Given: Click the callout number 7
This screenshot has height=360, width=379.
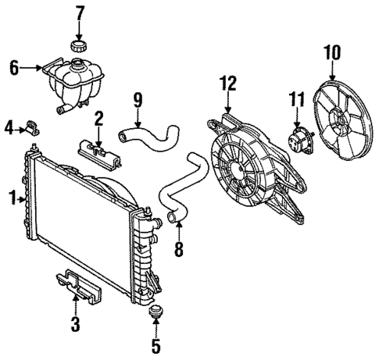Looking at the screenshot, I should click(78, 13).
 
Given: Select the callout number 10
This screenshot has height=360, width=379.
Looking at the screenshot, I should click(332, 53).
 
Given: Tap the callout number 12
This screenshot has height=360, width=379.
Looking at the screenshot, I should click(228, 81).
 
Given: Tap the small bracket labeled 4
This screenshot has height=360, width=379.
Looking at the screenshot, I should click(32, 126).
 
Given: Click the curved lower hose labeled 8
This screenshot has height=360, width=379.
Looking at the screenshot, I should click(181, 187).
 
